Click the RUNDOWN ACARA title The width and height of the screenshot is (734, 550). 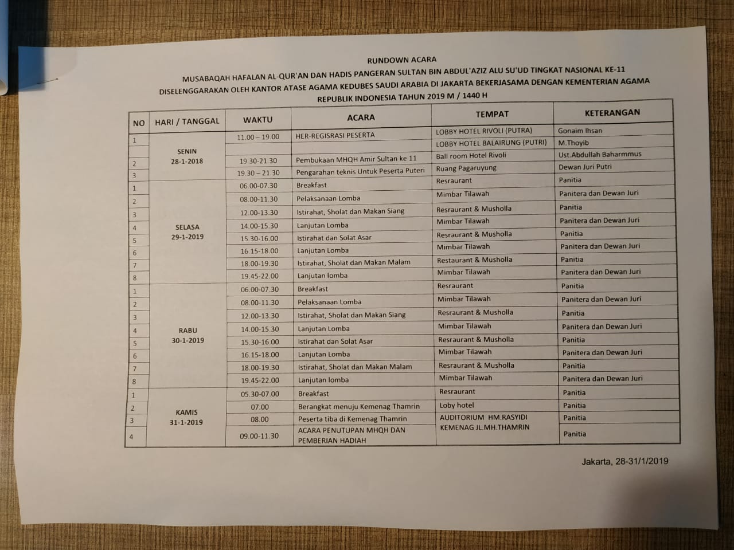(401, 59)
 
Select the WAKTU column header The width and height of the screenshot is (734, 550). (257, 120)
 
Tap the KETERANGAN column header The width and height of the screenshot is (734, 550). (612, 112)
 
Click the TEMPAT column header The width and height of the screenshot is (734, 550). (491, 114)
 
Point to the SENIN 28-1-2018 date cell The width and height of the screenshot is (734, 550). (187, 156)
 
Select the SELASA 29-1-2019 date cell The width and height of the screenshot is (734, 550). (187, 231)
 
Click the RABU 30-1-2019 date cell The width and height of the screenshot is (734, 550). (188, 335)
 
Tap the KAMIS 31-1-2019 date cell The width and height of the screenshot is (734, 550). (186, 417)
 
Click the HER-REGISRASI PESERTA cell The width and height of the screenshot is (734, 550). (335, 135)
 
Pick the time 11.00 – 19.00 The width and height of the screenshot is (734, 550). (258, 137)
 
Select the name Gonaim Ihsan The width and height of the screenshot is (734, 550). (580, 131)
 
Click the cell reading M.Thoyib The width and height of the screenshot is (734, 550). (573, 143)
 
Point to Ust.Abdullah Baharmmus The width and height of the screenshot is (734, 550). (600, 154)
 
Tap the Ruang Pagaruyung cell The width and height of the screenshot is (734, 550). (466, 168)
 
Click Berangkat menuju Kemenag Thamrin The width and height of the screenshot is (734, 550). (358, 406)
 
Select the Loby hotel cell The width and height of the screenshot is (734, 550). (456, 405)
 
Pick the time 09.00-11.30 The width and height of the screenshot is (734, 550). (259, 436)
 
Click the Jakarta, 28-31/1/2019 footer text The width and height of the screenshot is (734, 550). (624, 461)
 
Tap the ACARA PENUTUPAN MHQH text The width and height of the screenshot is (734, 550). (351, 430)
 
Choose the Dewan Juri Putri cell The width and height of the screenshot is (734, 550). (585, 167)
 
